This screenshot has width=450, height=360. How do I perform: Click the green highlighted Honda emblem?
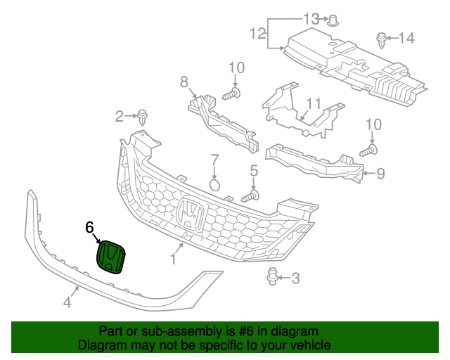111,257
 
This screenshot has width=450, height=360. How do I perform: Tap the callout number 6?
89,227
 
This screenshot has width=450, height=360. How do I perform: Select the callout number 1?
173,259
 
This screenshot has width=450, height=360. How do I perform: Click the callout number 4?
67,302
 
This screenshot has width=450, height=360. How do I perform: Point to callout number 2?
120,115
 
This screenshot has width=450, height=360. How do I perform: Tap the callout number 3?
295,278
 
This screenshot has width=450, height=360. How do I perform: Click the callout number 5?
255,170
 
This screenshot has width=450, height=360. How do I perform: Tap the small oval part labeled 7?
215,185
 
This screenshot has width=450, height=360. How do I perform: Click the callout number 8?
184,82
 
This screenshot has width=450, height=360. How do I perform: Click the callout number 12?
257,32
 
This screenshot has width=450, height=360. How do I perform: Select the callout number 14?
407,37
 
